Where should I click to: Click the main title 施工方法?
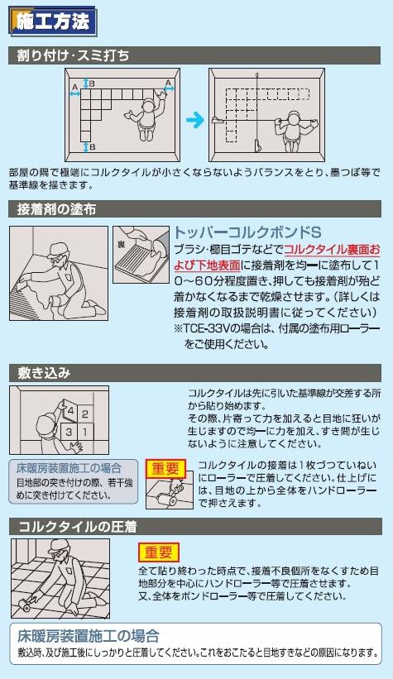(x=52, y=22)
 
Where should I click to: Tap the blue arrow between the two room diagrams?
(x=194, y=121)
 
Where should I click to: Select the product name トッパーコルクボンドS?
(x=246, y=232)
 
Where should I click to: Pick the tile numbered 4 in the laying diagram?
(x=71, y=411)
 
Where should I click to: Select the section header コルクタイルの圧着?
(x=73, y=526)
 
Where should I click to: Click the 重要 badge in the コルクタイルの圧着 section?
(x=158, y=552)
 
